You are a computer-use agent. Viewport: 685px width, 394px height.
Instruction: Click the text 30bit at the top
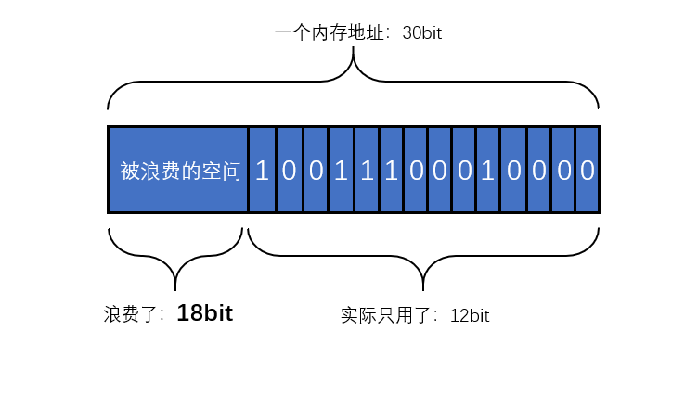click(422, 33)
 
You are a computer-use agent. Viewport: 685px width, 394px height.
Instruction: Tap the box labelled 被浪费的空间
click(178, 171)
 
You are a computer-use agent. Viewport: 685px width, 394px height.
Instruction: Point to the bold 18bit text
click(205, 313)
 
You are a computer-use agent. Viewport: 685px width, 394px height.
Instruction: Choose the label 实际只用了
click(389, 315)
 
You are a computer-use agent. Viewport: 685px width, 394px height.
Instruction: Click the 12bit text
click(470, 315)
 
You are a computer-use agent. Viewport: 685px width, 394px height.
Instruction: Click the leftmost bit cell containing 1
click(263, 171)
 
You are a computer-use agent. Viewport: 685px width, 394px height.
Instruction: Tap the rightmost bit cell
click(587, 171)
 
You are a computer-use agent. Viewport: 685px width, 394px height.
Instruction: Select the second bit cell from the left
click(289, 171)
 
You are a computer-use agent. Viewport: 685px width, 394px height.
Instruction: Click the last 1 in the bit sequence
click(488, 171)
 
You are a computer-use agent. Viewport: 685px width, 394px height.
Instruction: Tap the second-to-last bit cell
click(562, 171)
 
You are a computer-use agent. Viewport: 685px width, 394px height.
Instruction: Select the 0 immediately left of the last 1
click(464, 171)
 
